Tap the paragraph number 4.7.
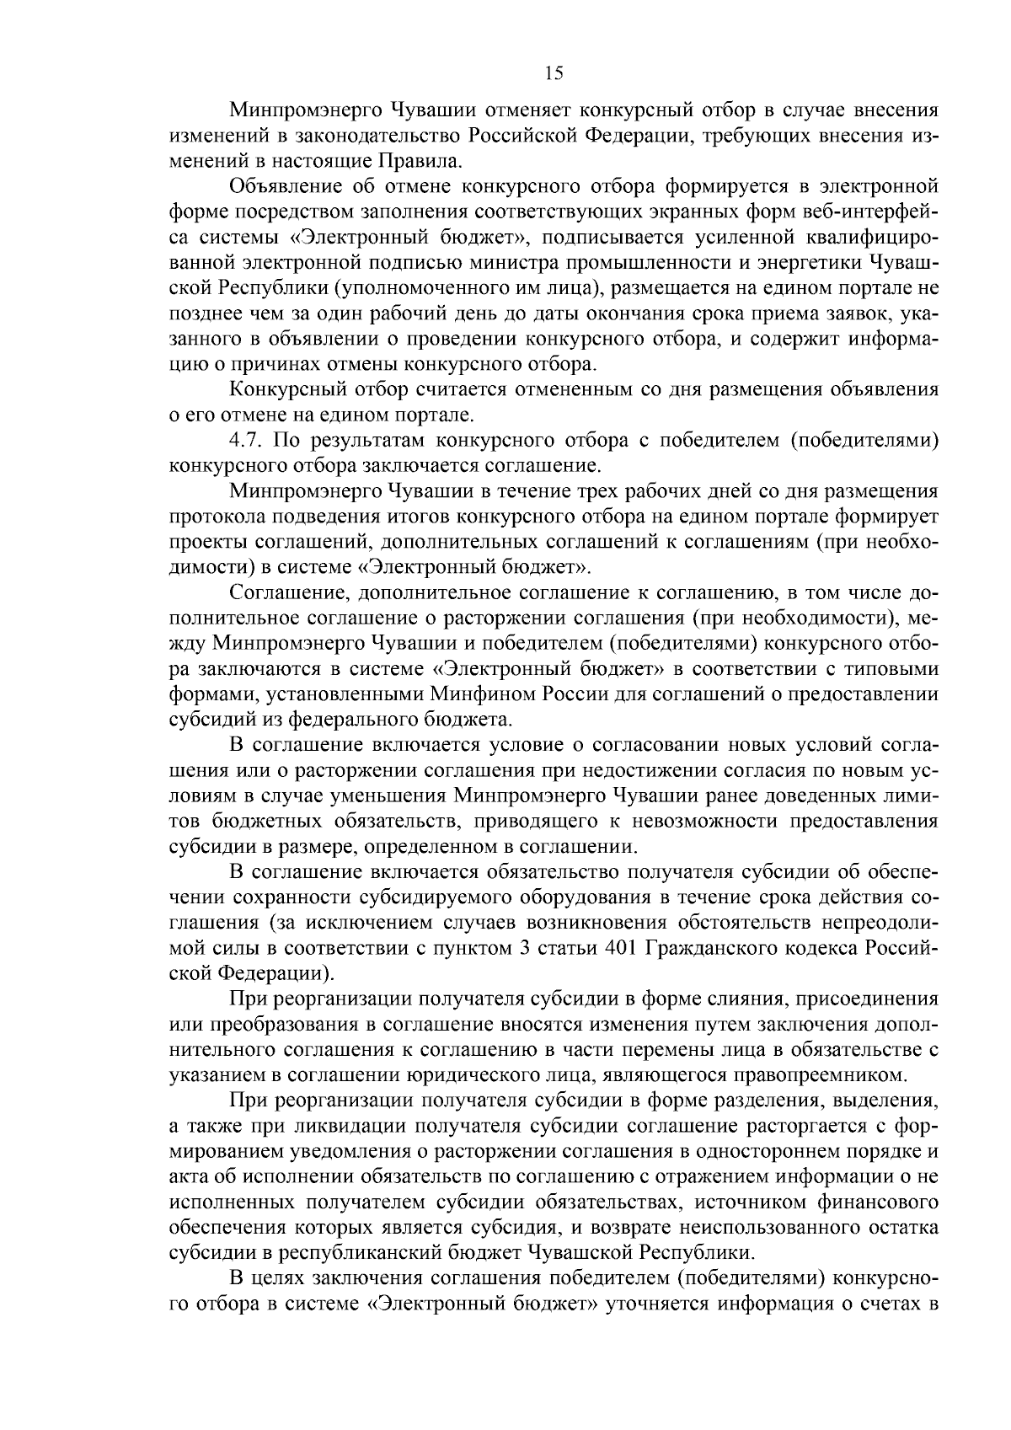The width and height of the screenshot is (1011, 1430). coord(248,440)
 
